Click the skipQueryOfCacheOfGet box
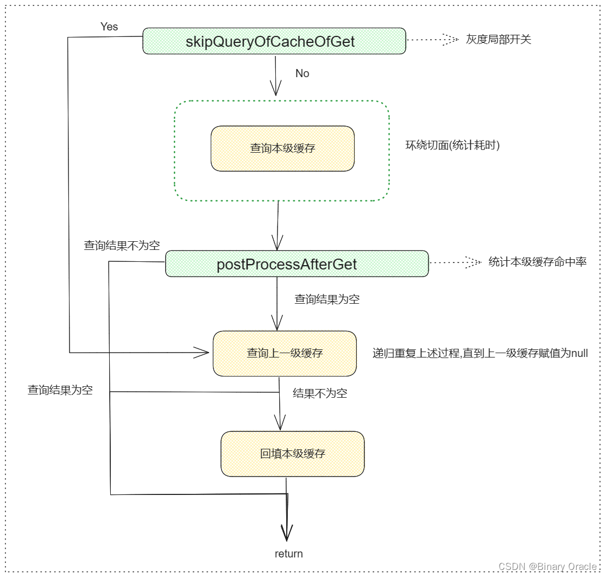274,41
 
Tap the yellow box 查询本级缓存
282,148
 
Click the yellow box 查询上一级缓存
285,353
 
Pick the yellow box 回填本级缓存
292,454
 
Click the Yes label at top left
109,27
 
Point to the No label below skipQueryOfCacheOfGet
302,73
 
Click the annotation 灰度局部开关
498,40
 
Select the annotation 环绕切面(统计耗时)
452,145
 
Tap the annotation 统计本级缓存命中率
537,262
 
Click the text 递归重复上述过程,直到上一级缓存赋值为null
480,353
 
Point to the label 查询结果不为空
122,246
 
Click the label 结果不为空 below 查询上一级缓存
320,393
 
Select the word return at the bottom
288,554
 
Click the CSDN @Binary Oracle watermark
547,566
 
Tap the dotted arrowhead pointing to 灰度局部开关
450,40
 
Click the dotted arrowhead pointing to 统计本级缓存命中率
473,262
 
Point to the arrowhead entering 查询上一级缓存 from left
202,353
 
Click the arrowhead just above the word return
287,531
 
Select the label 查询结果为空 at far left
60,390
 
